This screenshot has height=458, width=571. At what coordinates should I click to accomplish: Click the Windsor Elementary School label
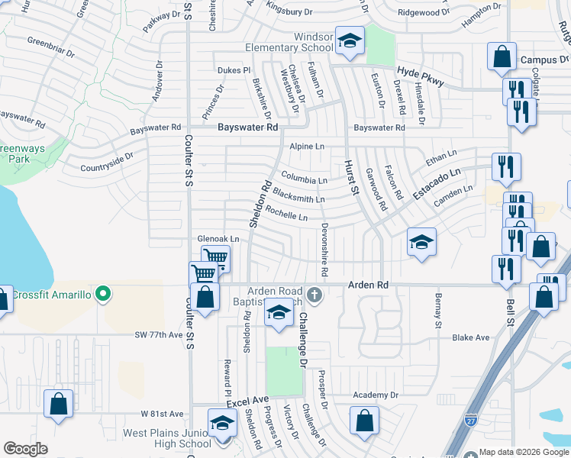coord(289,42)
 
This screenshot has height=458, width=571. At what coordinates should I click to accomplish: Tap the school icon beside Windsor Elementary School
coord(349,41)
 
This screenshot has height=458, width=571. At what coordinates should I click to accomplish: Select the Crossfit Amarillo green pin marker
coord(107,294)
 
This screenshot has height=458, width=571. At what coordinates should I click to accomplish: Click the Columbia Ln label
coord(304,180)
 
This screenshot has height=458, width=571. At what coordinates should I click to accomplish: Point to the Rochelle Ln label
coord(287,217)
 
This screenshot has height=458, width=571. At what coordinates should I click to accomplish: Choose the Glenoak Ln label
coord(218,239)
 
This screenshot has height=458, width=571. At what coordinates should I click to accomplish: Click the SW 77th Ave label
coord(159,334)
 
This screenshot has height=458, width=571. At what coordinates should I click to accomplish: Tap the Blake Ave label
coord(470,337)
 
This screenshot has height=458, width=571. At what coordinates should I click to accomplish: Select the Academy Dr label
coord(376,395)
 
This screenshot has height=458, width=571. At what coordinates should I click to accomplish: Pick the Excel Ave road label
coord(247,400)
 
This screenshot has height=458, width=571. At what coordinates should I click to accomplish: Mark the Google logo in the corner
coord(26,449)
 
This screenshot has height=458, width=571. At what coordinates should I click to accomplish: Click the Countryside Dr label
coord(106,162)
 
